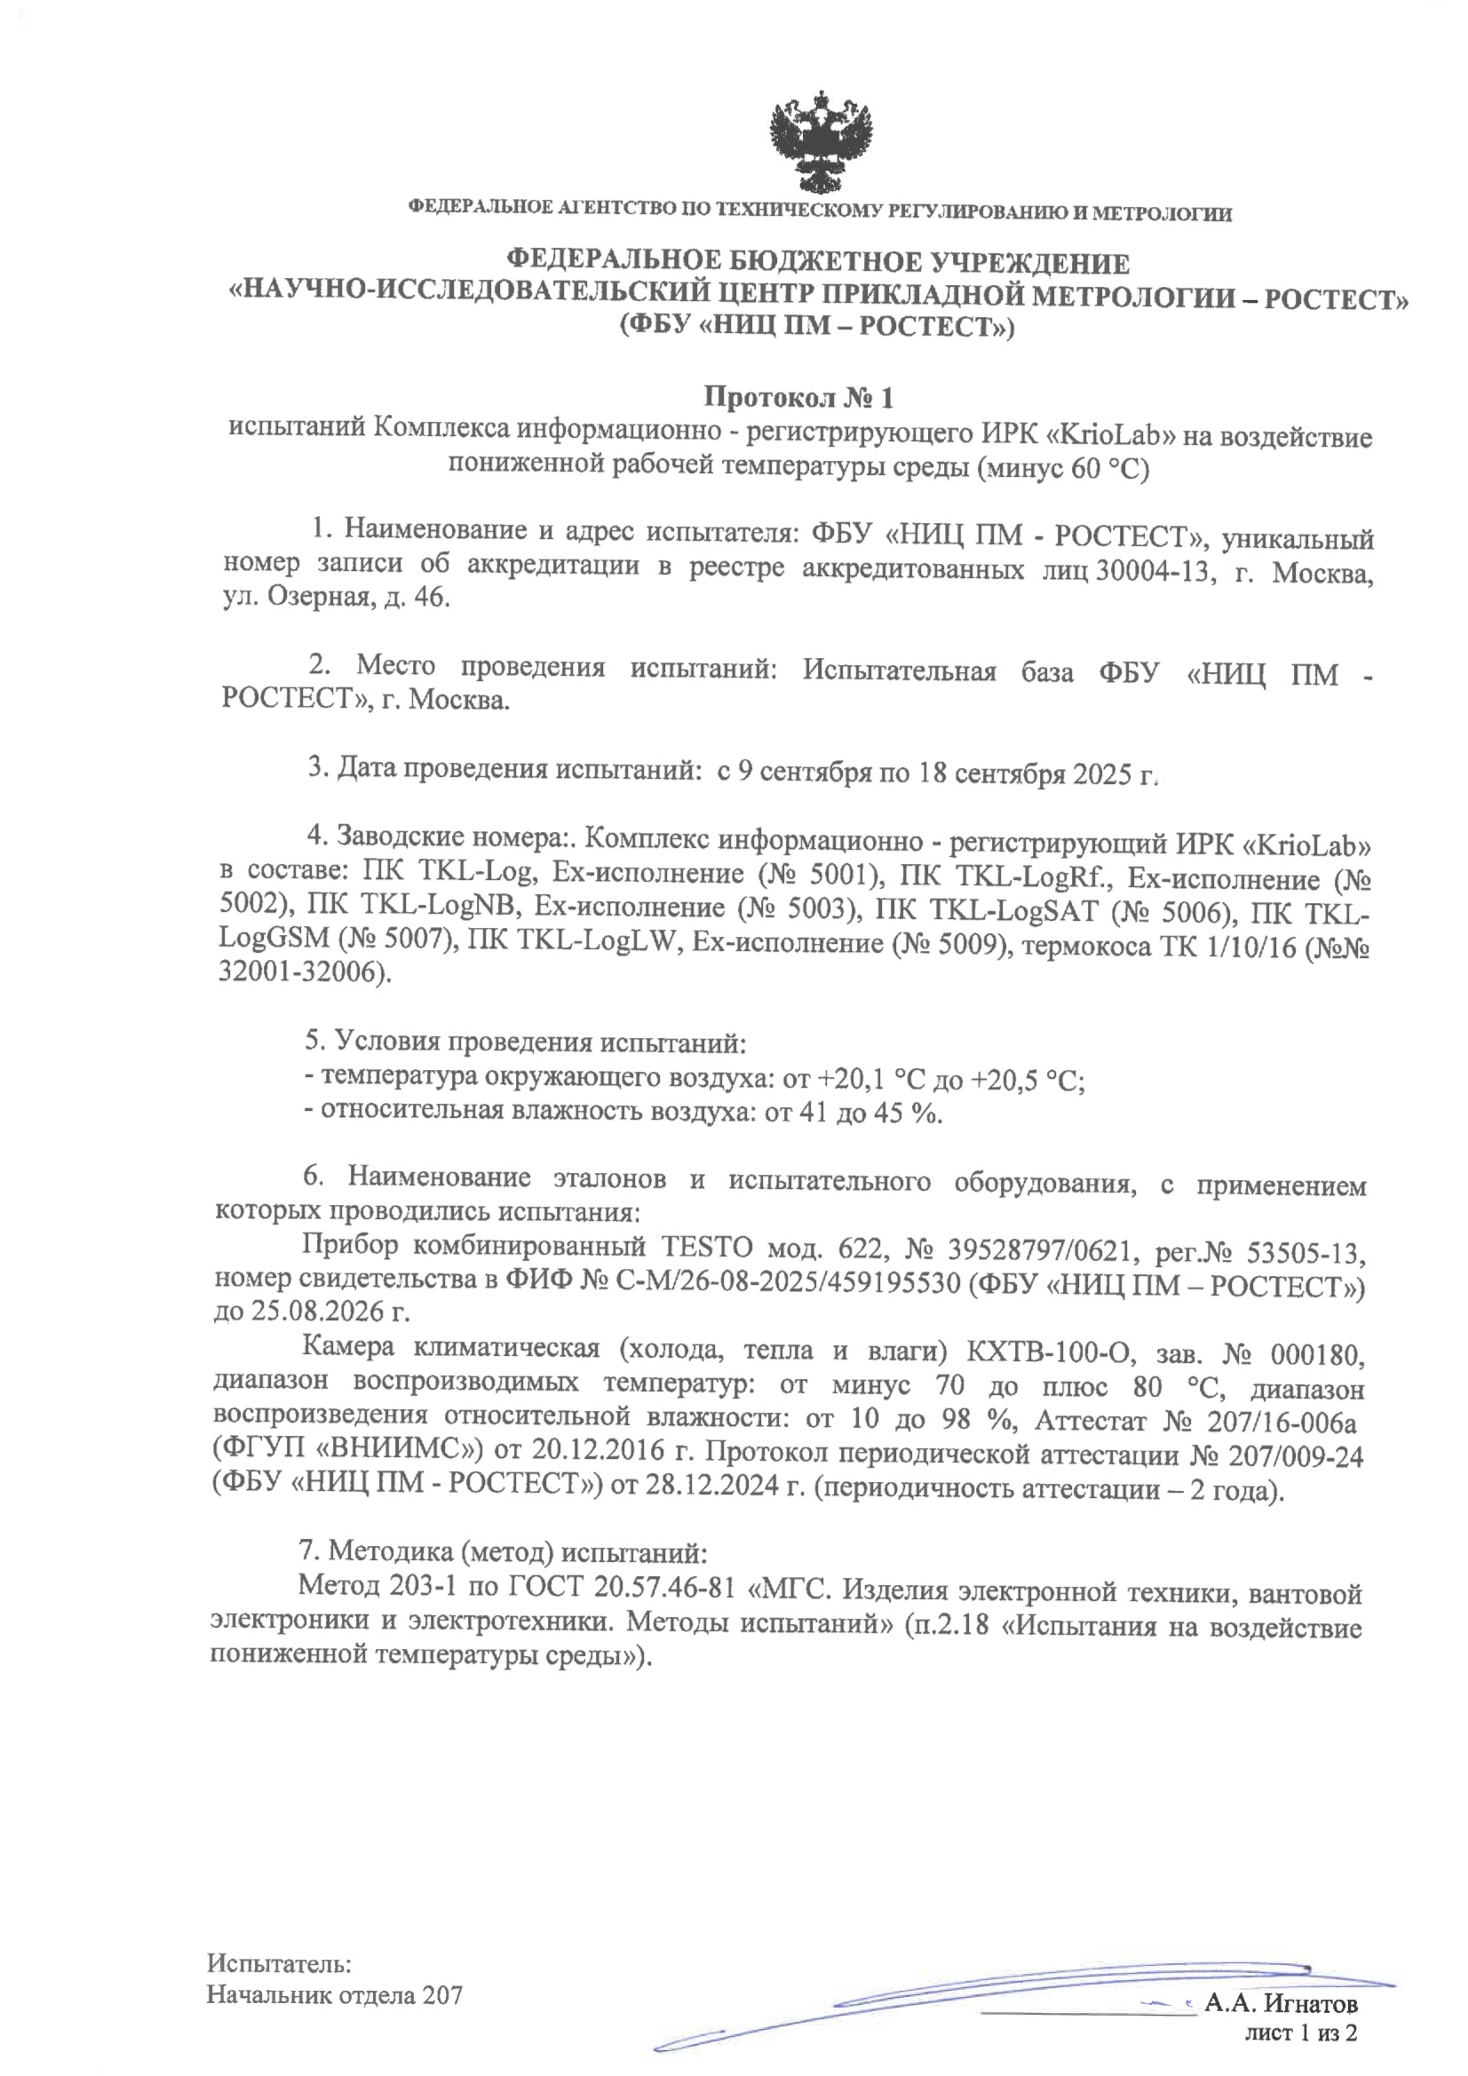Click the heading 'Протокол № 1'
pyautogui.click(x=798, y=398)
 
